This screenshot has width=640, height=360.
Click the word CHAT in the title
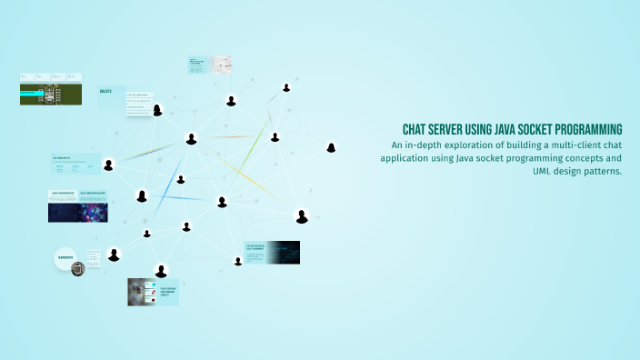click(415, 129)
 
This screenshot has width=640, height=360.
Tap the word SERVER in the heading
click(452, 129)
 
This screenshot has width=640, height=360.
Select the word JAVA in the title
click(517, 129)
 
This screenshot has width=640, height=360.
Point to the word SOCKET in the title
click(554, 129)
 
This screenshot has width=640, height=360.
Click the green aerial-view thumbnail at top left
click(51, 95)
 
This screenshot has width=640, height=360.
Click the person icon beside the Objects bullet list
click(157, 110)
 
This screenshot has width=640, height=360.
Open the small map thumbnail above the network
click(222, 65)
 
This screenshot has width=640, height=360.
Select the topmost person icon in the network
click(286, 87)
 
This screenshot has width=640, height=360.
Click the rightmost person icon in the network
click(332, 146)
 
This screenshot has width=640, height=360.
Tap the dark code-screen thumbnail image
click(283, 253)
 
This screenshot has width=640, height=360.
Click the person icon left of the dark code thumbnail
click(238, 261)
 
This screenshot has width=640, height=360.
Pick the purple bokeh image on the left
click(93, 212)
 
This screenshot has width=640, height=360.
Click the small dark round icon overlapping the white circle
click(77, 268)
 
